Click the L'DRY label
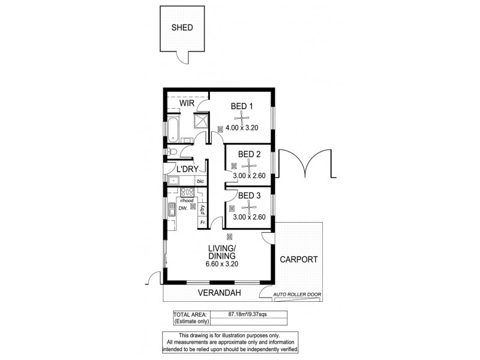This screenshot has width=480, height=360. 187,169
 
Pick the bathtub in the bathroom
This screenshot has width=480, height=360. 172,128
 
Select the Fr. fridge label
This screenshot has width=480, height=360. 203,223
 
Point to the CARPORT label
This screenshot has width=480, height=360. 298,260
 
